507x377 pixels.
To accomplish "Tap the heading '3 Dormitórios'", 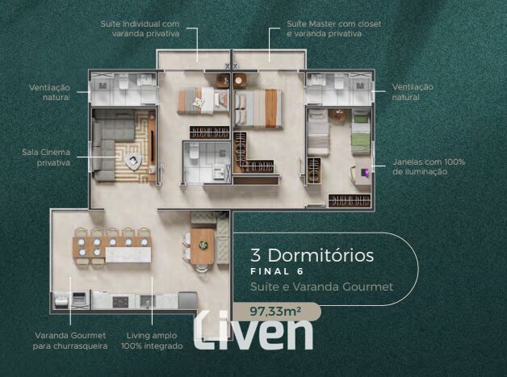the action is coord(312,255).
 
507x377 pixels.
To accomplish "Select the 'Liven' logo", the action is coord(253,330).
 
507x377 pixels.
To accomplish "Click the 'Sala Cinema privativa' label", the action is coord(46,157).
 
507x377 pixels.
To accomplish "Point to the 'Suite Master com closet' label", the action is coord(334,24).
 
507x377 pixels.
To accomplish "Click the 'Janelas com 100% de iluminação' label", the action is coord(429,166).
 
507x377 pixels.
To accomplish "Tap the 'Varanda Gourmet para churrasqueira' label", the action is coord(70,341).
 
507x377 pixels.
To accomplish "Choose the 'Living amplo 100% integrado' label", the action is coord(152,341).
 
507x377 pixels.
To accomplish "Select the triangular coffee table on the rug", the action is coord(133,160).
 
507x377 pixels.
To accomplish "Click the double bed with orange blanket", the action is coord(258,109).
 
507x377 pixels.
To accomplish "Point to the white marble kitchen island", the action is coord(128,254).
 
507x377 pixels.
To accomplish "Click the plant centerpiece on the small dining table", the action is coord(203,245).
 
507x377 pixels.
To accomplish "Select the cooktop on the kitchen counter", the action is coord(120,302).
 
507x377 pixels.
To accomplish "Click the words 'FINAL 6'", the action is coord(277,271).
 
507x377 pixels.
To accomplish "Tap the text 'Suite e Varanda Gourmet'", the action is coord(322,287).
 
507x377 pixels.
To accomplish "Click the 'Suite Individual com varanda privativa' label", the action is coord(140,28).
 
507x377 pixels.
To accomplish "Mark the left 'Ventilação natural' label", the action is coord(49,92).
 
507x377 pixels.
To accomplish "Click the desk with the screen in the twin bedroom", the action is coord(363,174).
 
